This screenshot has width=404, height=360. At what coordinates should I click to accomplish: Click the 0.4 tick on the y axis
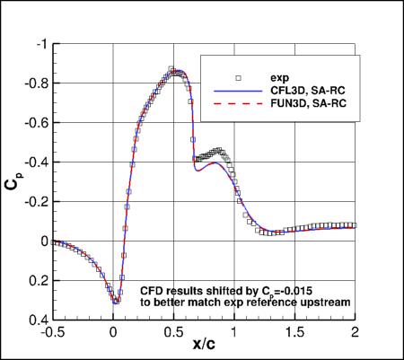click(38, 320)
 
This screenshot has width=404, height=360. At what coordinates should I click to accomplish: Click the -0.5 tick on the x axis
click(51, 331)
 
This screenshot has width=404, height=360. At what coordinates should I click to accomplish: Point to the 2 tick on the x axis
click(356, 331)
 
